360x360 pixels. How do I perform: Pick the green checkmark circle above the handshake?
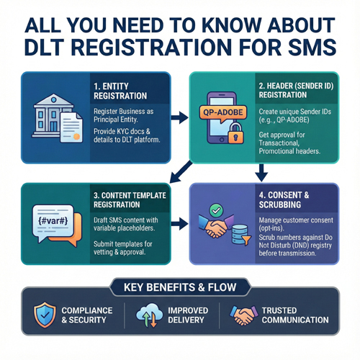(x=215, y=209)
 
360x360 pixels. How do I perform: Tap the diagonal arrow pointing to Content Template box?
(x=176, y=172)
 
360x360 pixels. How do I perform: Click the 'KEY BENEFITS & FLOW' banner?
(x=180, y=288)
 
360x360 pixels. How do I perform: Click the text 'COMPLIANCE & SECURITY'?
(x=86, y=315)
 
